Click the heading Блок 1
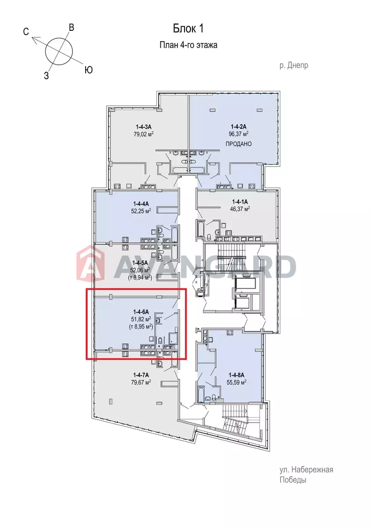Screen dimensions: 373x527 tap(188, 29)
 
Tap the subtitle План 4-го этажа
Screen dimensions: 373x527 tap(188, 45)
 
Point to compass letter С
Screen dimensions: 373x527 tap(26, 32)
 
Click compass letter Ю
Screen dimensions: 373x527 tap(88, 70)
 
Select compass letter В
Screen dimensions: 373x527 tap(71, 28)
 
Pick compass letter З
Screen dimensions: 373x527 tap(47, 76)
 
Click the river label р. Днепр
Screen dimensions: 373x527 tap(293, 65)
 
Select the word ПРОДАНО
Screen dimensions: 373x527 tap(239, 144)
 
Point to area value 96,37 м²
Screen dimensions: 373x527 tap(239, 134)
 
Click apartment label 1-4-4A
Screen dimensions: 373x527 tap(141, 204)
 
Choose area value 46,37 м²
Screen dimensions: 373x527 tap(240, 209)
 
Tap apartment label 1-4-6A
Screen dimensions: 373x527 tap(141, 312)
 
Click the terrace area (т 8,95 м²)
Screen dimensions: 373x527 tap(141, 327)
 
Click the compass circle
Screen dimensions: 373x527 tap(59, 52)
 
